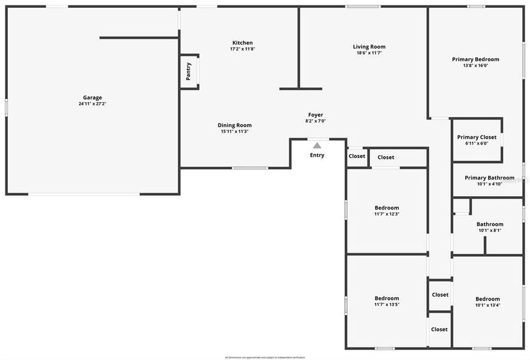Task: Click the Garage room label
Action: pyautogui.click(x=92, y=98)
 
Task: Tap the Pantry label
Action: pyautogui.click(x=188, y=71)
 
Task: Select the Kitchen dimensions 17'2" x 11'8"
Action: pyautogui.click(x=243, y=49)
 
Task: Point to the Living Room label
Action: pyautogui.click(x=369, y=47)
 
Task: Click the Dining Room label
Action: pyautogui.click(x=234, y=125)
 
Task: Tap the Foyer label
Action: pyautogui.click(x=315, y=115)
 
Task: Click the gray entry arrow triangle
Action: pyautogui.click(x=317, y=145)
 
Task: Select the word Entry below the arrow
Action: pyautogui.click(x=317, y=155)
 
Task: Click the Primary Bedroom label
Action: pyautogui.click(x=475, y=59)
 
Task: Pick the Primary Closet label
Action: pyautogui.click(x=477, y=137)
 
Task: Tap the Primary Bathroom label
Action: pyautogui.click(x=489, y=178)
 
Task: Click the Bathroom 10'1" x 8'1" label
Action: pyautogui.click(x=490, y=224)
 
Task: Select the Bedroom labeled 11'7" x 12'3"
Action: pyautogui.click(x=387, y=208)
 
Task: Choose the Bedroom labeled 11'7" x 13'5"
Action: pyautogui.click(x=387, y=298)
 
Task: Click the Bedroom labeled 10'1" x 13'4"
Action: pyautogui.click(x=487, y=299)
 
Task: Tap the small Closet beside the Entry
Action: pyautogui.click(x=357, y=157)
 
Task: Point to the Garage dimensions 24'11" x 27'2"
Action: pyautogui.click(x=92, y=104)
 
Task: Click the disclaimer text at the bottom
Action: pyautogui.click(x=265, y=357)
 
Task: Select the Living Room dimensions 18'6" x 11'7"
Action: pyautogui.click(x=369, y=53)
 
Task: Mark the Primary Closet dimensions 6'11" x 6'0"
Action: pyautogui.click(x=477, y=143)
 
